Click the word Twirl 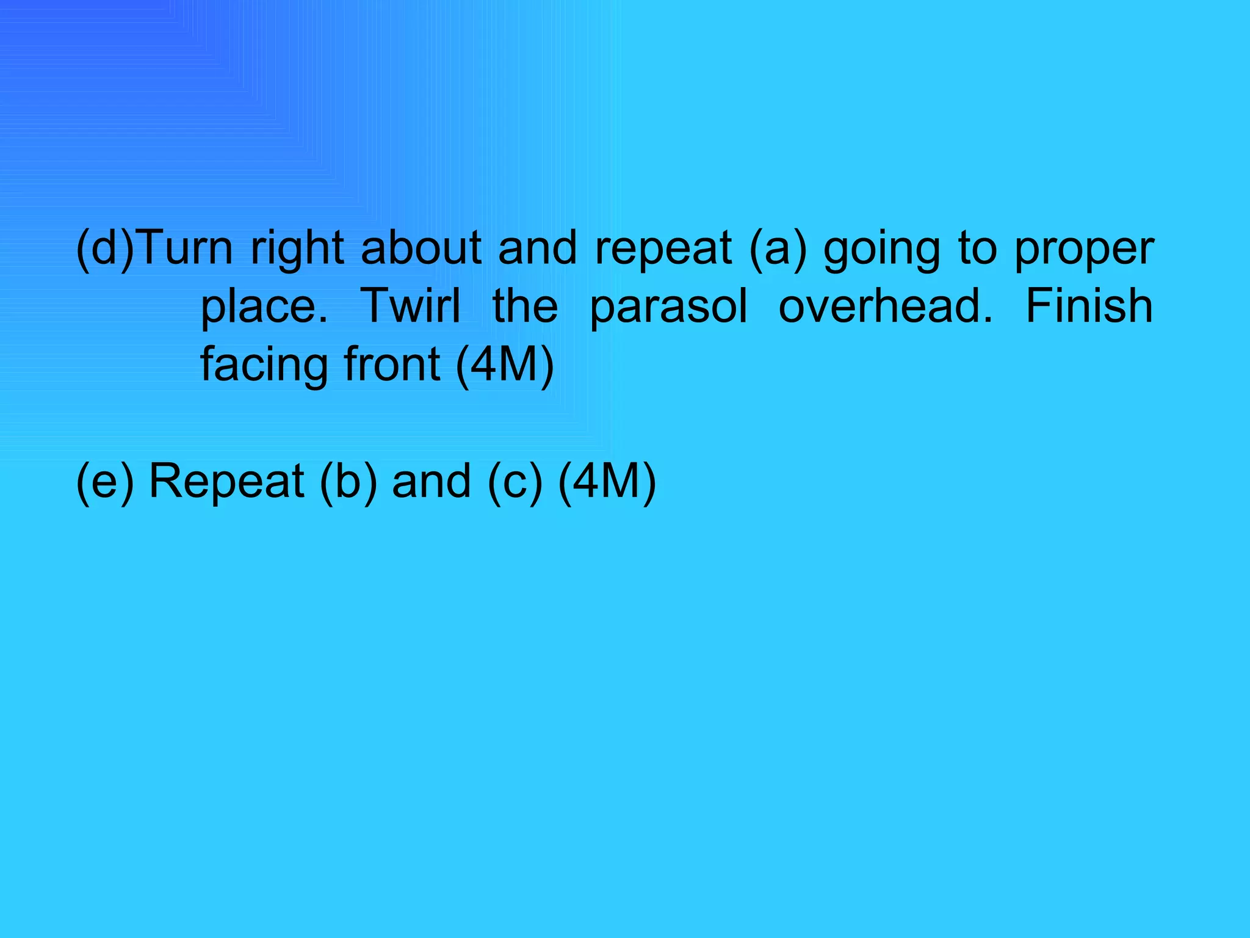(x=410, y=306)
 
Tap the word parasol (x=668, y=307)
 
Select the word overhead (x=886, y=306)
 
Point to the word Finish (x=1089, y=306)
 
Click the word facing (x=264, y=365)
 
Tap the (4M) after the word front (x=505, y=365)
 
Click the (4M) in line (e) (x=607, y=482)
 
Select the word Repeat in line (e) (x=226, y=482)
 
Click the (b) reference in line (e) (x=348, y=482)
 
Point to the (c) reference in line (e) (x=515, y=482)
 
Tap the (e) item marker (x=104, y=482)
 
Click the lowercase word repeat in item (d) (x=663, y=249)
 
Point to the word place (x=264, y=307)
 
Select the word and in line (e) (x=432, y=482)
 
